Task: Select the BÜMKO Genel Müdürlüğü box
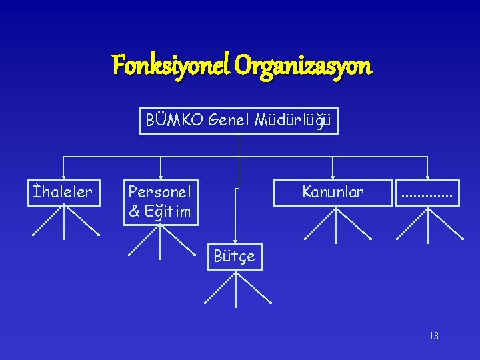tap(239, 121)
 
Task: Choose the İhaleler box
tap(63, 192)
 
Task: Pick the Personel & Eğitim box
tap(160, 202)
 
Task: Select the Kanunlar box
tap(333, 192)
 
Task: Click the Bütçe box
tap(235, 257)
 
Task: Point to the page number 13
tap(434, 336)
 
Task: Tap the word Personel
tap(160, 192)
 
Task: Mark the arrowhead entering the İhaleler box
tap(63, 176)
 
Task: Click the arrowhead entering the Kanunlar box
tap(333, 176)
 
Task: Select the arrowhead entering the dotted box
tap(427, 176)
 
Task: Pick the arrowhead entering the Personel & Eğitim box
tap(161, 176)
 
